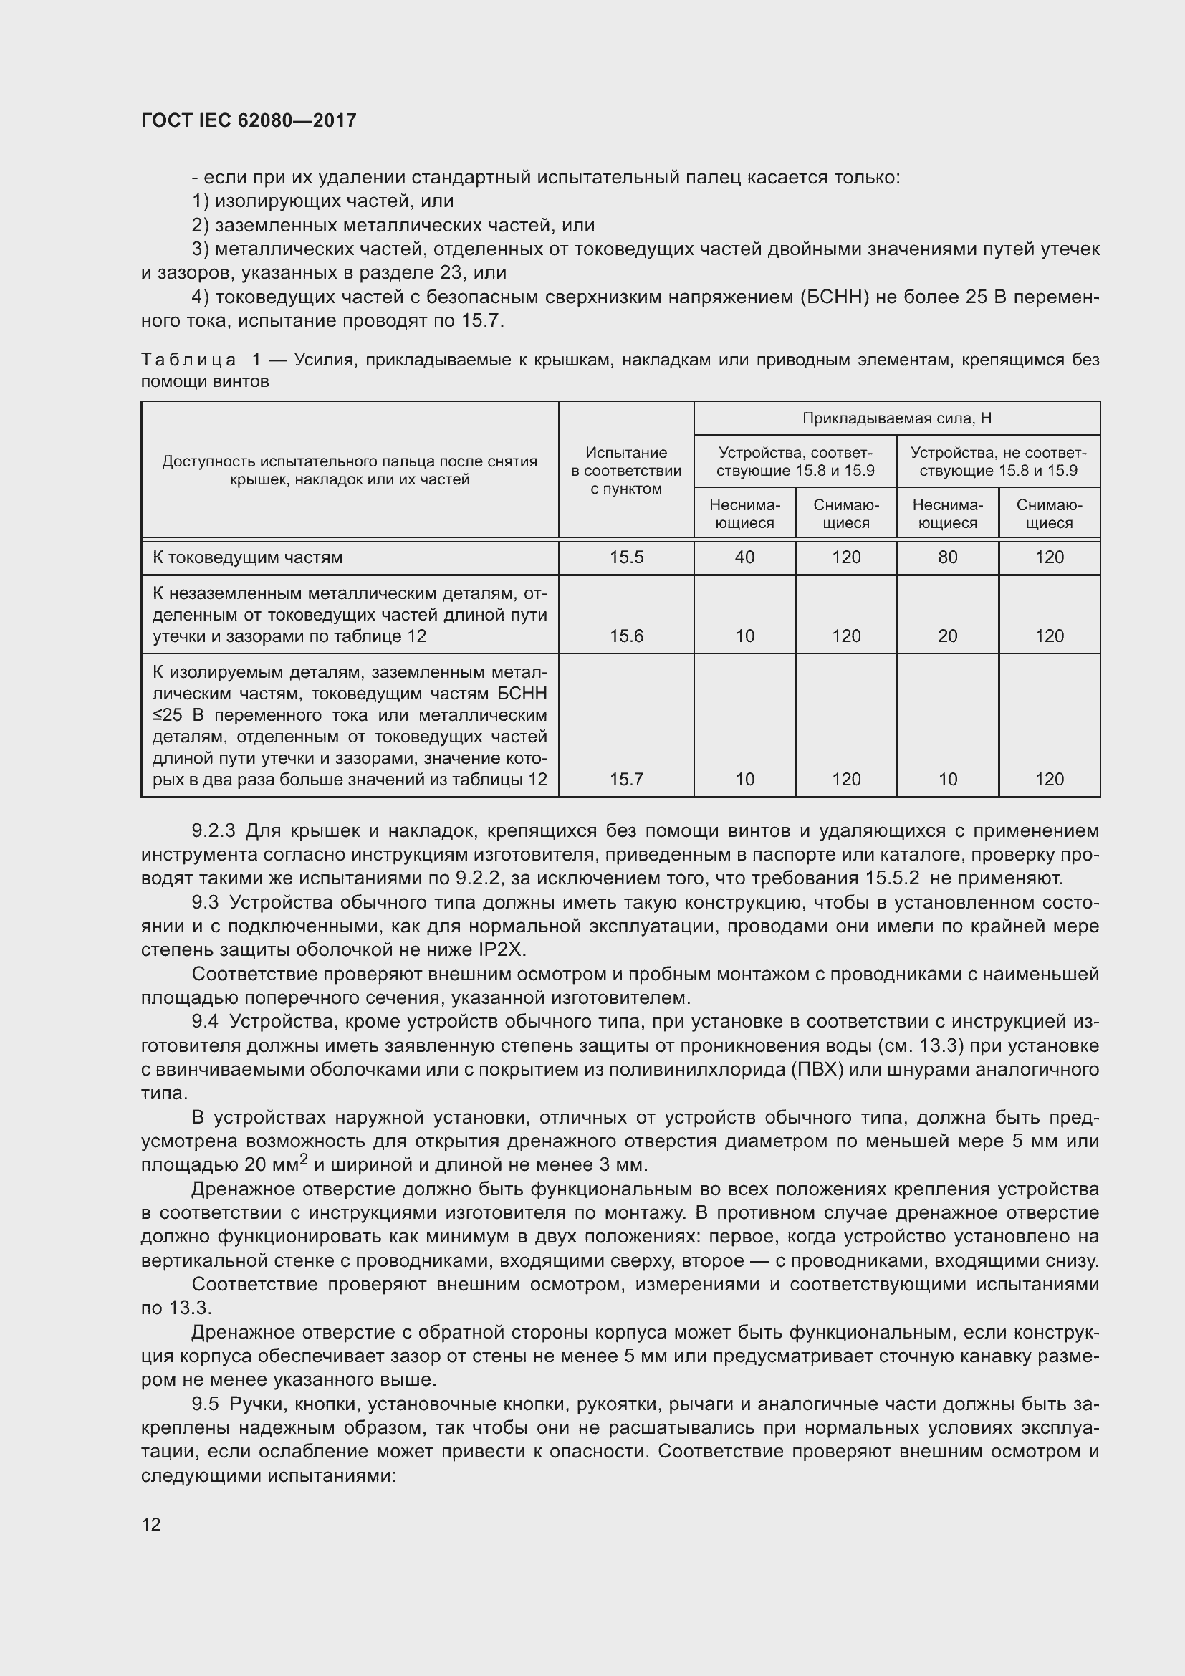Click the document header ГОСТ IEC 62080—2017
click(x=249, y=121)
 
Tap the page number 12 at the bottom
click(x=151, y=1524)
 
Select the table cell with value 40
click(x=744, y=557)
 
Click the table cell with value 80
click(x=947, y=557)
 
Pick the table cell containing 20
click(x=947, y=636)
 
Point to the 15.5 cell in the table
click(x=626, y=557)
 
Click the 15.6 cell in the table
click(x=626, y=636)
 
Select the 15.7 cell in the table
click(x=626, y=779)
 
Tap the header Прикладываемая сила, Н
click(x=897, y=418)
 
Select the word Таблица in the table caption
click(x=188, y=360)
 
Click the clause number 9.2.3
click(x=213, y=830)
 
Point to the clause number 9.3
click(x=205, y=902)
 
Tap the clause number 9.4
click(x=205, y=1021)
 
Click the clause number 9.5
click(x=205, y=1404)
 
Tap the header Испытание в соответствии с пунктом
click(x=626, y=471)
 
